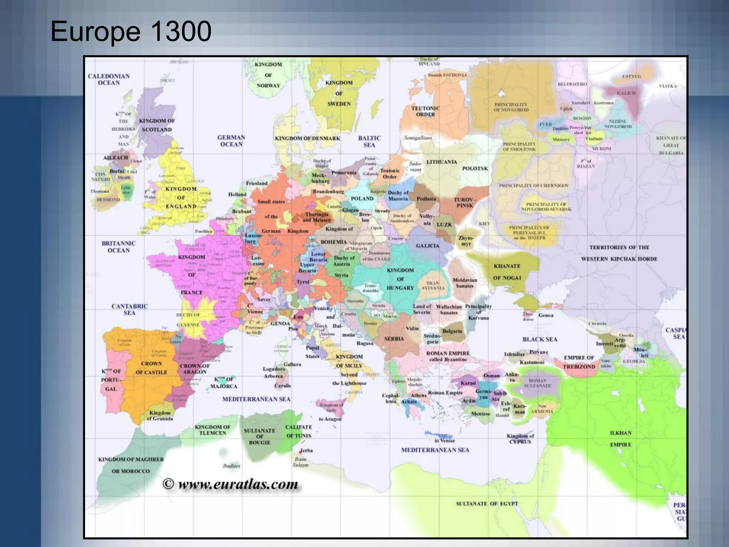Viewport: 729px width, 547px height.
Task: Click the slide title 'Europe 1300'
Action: point(131,31)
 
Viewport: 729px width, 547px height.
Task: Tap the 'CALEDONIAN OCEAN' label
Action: point(109,79)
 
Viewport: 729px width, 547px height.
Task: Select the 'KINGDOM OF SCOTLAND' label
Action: point(157,125)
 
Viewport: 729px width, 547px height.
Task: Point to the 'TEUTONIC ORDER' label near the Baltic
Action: point(425,111)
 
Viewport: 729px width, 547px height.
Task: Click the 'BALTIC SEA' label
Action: point(369,141)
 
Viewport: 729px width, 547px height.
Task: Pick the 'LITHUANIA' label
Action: point(441,162)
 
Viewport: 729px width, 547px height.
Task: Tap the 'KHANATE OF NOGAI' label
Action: point(507,272)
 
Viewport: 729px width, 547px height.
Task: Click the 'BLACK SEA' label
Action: point(540,339)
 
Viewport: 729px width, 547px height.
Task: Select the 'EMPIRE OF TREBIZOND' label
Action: point(579,362)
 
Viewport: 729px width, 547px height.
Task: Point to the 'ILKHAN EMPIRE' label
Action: point(620,439)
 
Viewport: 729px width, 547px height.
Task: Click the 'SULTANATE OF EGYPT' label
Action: point(487,504)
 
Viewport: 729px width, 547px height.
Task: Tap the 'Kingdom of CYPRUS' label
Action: point(520,439)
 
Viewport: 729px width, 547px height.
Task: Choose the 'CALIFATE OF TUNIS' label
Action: point(298,431)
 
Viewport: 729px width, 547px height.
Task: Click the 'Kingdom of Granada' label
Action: point(160,416)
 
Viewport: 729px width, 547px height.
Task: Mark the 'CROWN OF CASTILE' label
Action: point(151,368)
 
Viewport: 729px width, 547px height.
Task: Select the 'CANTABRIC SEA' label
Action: point(129,309)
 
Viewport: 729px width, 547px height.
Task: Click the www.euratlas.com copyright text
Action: point(230,484)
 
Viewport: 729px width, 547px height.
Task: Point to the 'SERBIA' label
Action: point(394,339)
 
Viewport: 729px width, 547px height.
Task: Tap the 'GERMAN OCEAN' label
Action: point(231,141)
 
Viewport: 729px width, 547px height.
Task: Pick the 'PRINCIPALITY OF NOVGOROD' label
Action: point(511,107)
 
